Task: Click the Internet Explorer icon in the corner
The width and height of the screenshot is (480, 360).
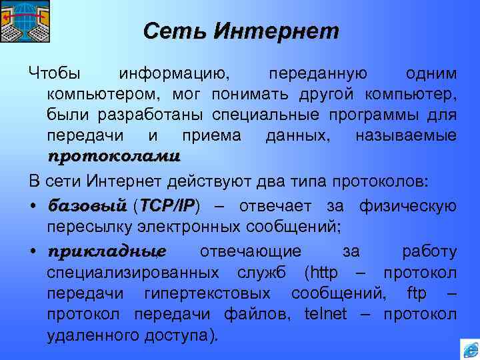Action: point(469,349)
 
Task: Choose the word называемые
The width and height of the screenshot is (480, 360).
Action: point(406,135)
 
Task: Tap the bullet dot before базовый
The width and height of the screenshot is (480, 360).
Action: point(33,205)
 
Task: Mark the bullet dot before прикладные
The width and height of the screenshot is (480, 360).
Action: point(33,251)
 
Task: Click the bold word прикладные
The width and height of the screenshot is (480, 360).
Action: point(107,251)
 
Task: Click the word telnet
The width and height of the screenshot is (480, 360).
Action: point(326,314)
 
